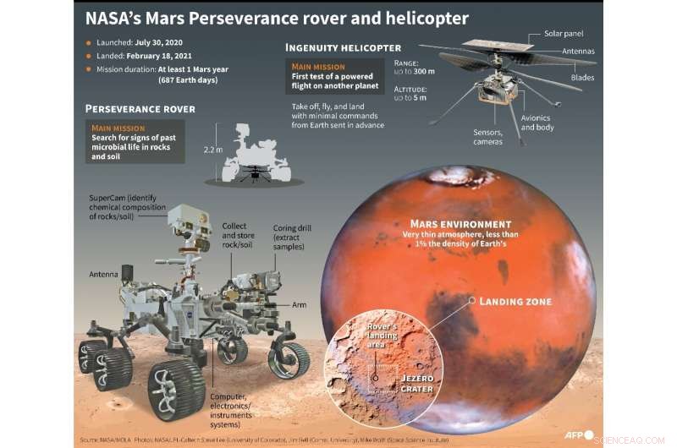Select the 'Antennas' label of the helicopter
click(x=576, y=52)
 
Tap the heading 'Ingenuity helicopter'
click(x=343, y=48)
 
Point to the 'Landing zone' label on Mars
click(x=515, y=302)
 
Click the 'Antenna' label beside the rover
click(x=103, y=274)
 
